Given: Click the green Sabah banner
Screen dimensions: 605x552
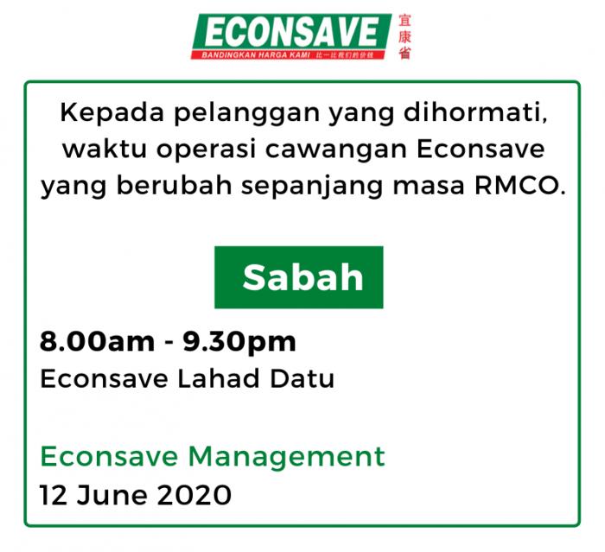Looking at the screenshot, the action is tap(299, 277).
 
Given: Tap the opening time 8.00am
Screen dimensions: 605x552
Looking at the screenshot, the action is tap(97, 342).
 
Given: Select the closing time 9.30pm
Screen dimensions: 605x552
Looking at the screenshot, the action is tap(239, 343).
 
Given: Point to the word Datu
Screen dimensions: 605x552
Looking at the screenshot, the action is tap(302, 378).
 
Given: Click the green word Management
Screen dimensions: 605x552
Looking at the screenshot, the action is tap(286, 458).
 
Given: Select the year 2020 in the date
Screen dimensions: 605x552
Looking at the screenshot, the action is tap(194, 495).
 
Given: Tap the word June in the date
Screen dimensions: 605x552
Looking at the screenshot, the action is tap(111, 495).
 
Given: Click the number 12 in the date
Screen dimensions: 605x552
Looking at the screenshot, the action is tap(54, 495).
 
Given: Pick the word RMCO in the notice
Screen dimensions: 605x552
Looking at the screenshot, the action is tap(519, 186).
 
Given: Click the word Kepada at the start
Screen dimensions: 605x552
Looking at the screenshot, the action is tap(111, 114).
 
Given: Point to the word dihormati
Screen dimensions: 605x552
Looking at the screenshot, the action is tap(475, 112).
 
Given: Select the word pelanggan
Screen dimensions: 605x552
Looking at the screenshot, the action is tap(247, 114).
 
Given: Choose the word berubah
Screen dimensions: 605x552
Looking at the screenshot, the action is tap(174, 185).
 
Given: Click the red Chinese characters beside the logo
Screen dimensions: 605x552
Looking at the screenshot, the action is tap(404, 37).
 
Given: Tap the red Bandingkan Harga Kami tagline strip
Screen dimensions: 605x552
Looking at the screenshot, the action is tap(288, 55).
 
